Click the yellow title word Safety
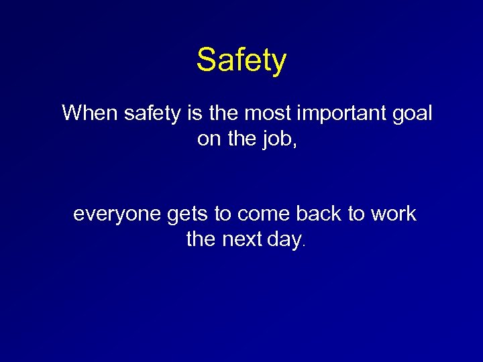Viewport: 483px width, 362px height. tap(241, 60)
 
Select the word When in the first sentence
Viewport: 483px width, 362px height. tap(90, 113)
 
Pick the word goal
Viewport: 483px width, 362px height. tap(410, 114)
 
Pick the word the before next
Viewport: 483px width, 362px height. tap(201, 239)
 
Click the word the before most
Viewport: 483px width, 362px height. tap(223, 113)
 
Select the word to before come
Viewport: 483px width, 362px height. tap(223, 215)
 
